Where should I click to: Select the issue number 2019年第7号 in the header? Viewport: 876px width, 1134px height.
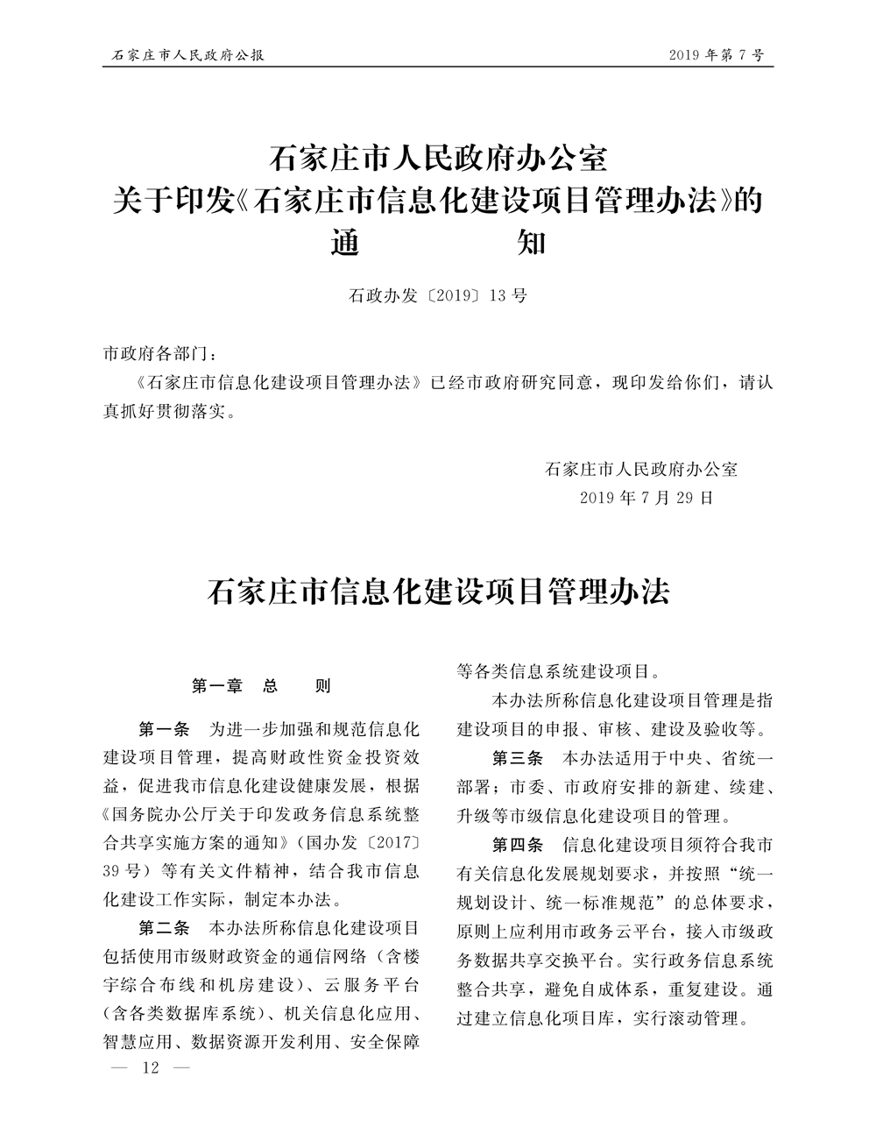(x=716, y=55)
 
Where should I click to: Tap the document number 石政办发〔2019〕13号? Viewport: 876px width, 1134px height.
(x=438, y=295)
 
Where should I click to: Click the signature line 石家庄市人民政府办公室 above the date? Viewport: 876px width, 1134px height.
(x=641, y=468)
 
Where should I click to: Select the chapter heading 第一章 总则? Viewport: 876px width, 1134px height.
(x=261, y=686)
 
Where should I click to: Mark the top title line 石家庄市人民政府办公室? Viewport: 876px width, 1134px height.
(x=438, y=159)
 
